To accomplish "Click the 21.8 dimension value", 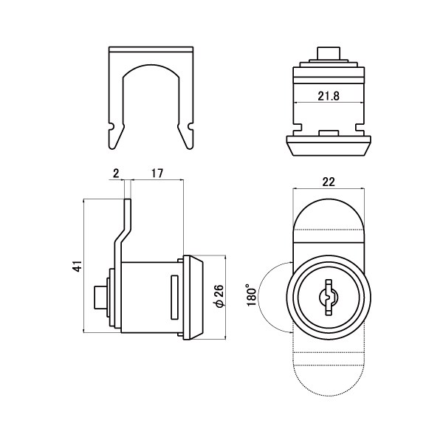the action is (329, 96).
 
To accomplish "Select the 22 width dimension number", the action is (329, 182).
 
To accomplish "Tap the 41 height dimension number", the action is (78, 266).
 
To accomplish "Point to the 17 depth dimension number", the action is (157, 174).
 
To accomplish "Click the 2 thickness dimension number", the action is (116, 174).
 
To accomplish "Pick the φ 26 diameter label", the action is (219, 296).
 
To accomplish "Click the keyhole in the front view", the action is (329, 298).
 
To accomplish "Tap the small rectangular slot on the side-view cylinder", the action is (174, 298).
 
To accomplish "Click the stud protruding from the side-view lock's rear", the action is (99, 298).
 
